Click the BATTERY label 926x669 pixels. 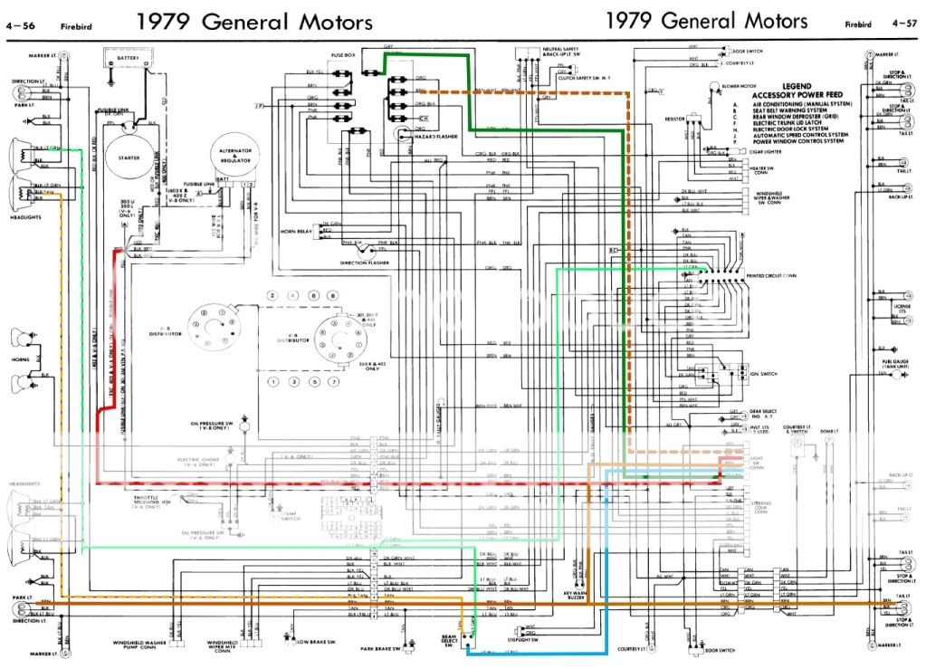click(128, 57)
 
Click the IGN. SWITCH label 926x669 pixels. click(760, 373)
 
